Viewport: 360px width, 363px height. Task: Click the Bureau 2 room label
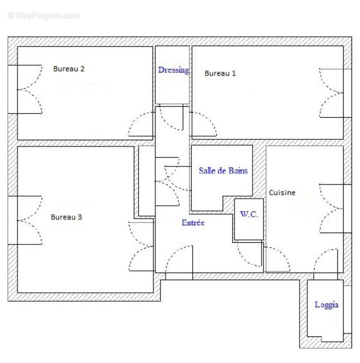point(69,69)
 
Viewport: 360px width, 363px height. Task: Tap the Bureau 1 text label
point(220,74)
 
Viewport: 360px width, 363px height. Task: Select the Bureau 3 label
point(66,217)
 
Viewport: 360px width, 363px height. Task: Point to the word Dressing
point(174,70)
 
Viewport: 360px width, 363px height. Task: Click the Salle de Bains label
point(223,171)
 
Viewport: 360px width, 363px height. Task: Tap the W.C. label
point(249,214)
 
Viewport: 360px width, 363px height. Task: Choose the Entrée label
point(193,222)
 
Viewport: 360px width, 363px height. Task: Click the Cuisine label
point(282,192)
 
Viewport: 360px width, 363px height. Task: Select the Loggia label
point(326,305)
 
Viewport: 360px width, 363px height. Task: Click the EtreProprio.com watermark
point(43,16)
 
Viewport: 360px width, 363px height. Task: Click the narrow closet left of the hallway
point(147,181)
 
